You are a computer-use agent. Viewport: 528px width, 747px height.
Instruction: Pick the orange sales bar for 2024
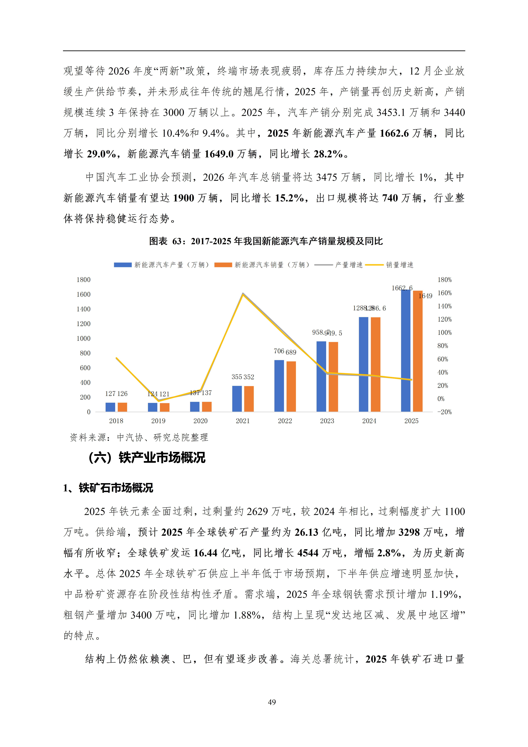click(375, 364)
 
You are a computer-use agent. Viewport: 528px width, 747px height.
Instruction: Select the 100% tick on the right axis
click(444, 333)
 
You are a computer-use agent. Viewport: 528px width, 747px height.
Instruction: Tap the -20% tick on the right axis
click(444, 412)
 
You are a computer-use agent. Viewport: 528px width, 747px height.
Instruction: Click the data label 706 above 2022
click(279, 351)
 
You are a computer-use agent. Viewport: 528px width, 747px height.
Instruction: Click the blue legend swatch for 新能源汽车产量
click(123, 265)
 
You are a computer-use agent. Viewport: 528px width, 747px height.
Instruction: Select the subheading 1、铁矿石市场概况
click(108, 488)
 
